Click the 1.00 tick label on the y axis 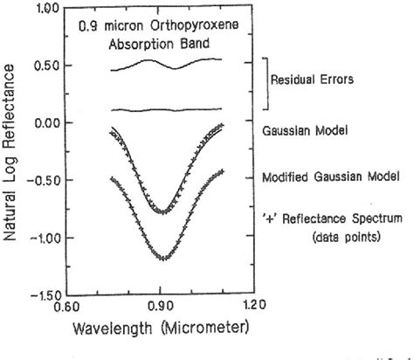tap(46, 8)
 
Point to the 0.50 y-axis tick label tap(46, 66)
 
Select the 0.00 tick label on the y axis tap(46, 123)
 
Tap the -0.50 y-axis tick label tap(44, 181)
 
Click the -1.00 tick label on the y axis tap(44, 238)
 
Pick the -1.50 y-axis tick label tap(44, 295)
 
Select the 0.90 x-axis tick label tap(160, 308)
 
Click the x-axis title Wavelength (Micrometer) tap(159, 328)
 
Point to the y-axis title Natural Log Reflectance tap(11, 153)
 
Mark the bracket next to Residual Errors tap(265, 84)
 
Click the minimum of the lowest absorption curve tap(162, 259)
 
